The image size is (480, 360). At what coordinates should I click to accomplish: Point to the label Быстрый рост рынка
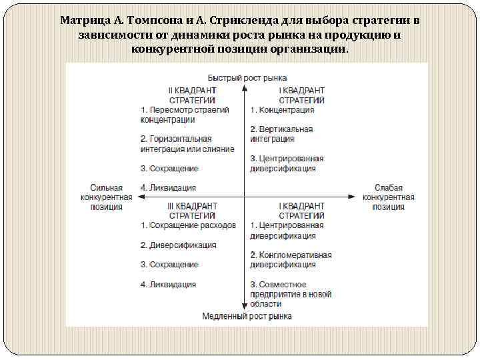[247, 77]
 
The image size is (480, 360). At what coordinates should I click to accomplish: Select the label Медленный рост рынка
[247, 316]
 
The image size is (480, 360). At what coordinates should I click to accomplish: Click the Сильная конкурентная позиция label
[107, 197]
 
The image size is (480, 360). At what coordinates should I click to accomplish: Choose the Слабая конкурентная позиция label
[389, 197]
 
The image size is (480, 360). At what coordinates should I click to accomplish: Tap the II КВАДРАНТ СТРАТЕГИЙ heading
[193, 94]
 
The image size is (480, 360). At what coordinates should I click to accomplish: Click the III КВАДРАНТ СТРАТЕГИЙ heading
[193, 210]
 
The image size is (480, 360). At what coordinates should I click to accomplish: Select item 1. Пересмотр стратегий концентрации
[185, 114]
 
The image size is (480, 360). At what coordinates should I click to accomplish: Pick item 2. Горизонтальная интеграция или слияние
[187, 143]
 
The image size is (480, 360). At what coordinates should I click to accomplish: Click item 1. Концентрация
[282, 109]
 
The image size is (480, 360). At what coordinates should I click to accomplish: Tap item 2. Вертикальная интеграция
[281, 133]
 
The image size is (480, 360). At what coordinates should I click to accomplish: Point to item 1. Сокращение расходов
[188, 225]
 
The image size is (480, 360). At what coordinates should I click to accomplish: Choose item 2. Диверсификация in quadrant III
[178, 245]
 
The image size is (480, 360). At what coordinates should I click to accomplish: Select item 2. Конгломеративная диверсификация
[291, 259]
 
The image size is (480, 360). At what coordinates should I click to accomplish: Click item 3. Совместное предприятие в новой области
[291, 293]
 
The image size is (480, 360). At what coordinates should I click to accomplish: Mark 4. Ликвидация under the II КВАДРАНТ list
[168, 188]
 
